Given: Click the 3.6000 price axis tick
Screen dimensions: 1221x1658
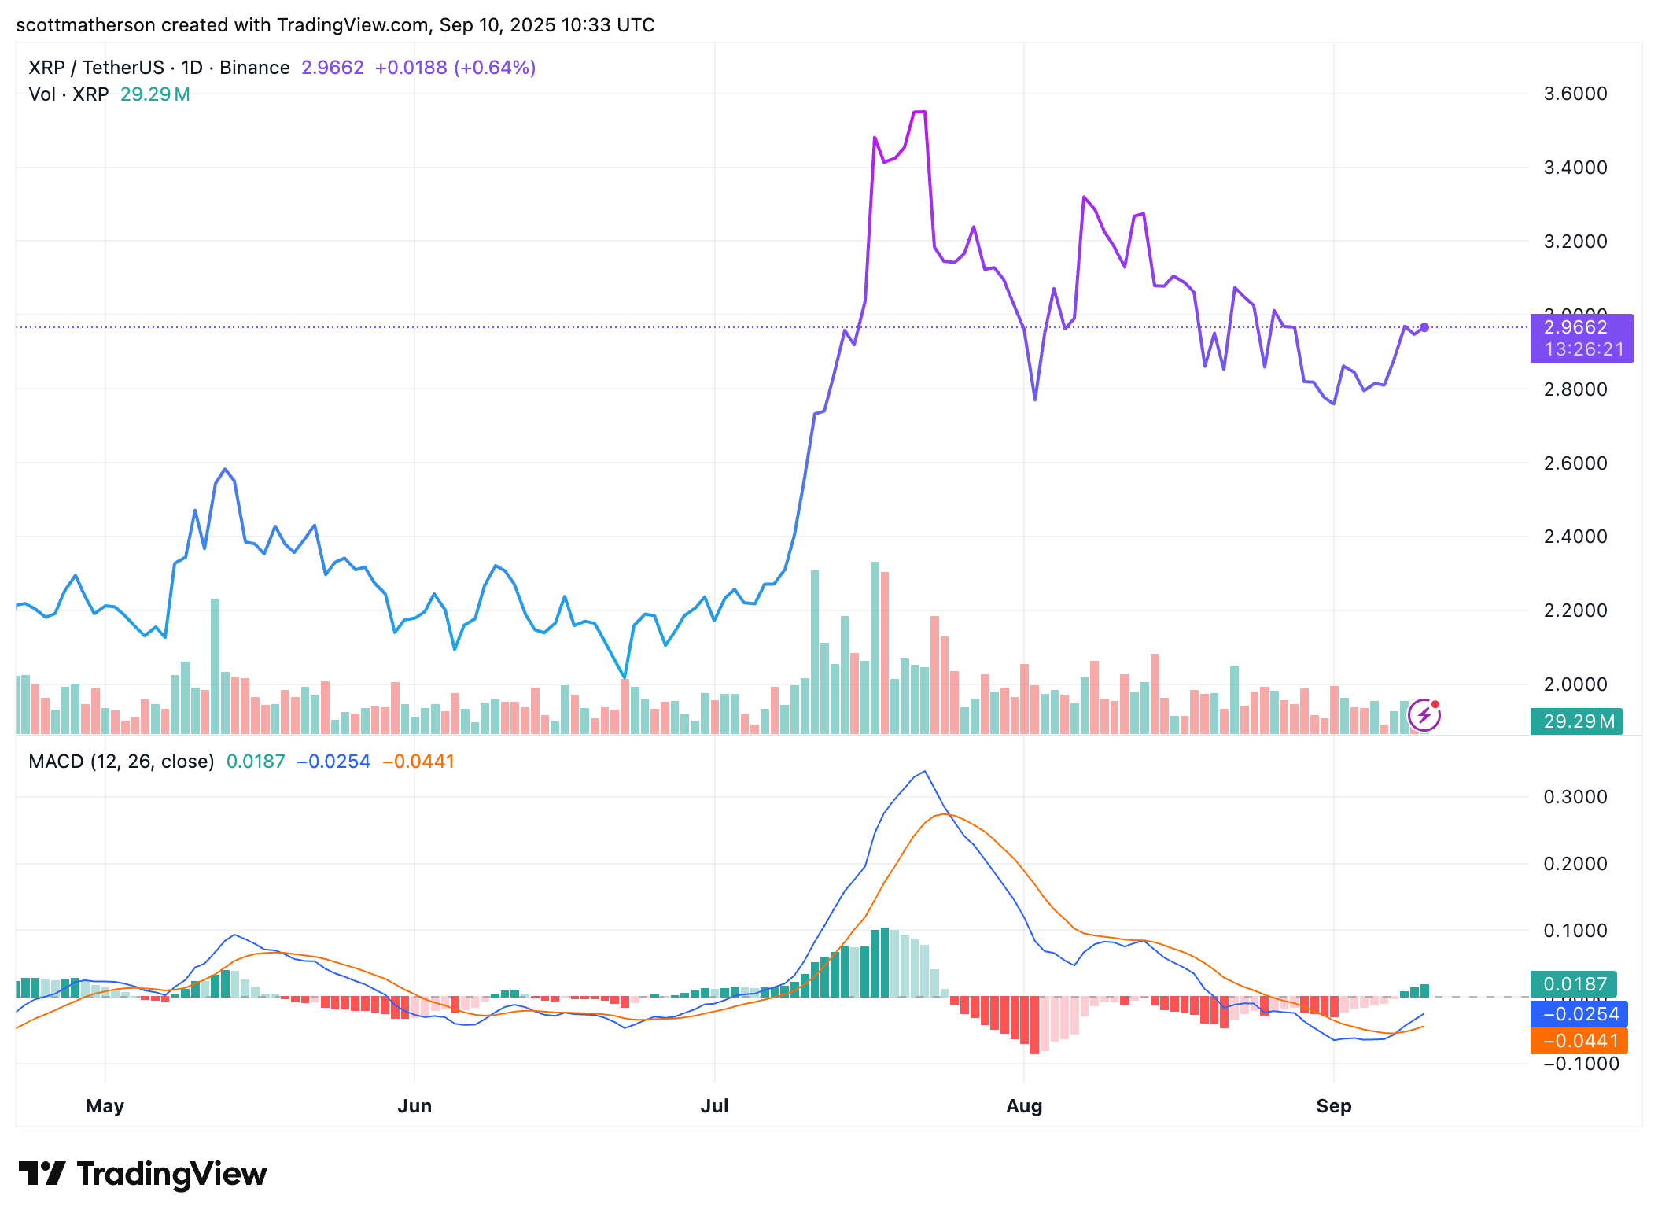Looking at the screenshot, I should (1575, 94).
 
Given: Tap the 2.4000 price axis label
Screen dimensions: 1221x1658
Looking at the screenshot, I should (1575, 537).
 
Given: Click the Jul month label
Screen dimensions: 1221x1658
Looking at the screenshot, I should (714, 1105).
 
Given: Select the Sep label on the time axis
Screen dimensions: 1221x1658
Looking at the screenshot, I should (1333, 1105).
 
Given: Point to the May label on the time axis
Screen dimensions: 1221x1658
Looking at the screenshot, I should (105, 1105).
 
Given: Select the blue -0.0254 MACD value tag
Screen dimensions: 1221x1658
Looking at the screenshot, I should (1579, 1013).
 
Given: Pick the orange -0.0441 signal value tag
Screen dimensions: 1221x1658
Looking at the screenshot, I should (1579, 1041).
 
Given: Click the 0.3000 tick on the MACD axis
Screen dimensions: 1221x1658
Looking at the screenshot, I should (1575, 797).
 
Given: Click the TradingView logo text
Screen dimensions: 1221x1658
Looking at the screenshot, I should (171, 1174).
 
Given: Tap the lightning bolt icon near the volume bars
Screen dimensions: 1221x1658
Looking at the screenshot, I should (1424, 715).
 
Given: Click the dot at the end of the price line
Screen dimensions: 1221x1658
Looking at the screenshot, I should (1424, 327).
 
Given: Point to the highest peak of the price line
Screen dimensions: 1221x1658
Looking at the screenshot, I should (919, 112).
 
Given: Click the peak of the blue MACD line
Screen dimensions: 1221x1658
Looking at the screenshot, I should (925, 772).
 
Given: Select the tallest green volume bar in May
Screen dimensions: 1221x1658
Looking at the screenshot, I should (215, 665).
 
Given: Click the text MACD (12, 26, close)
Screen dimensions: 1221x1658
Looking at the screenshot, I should (121, 762).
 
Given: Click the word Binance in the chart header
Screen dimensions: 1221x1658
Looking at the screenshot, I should (254, 68).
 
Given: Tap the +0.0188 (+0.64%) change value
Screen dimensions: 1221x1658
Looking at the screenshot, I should (455, 68).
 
